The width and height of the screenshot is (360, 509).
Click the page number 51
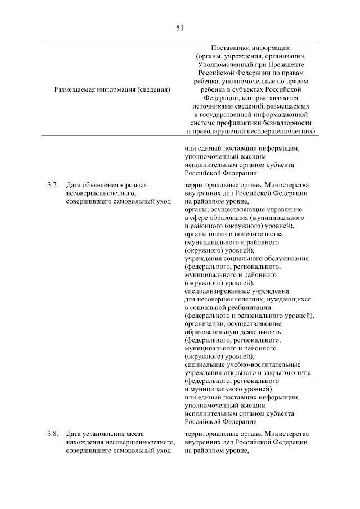tap(179, 27)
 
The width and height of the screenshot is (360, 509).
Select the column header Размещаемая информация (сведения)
tap(112, 89)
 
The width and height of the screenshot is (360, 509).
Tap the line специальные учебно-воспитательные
tap(242, 364)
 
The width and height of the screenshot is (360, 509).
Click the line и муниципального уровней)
tap(228, 389)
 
